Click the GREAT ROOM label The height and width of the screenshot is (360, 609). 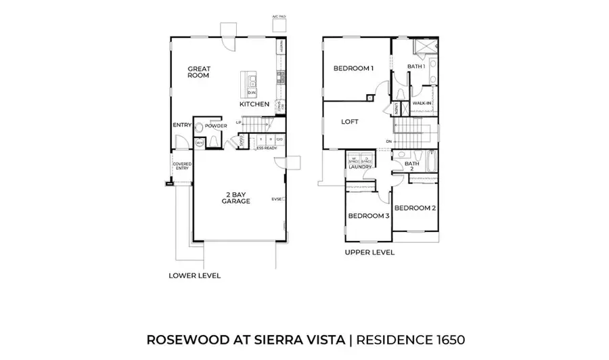point(198,72)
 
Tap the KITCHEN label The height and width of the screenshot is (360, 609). point(254,104)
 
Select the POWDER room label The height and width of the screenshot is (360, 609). point(216,126)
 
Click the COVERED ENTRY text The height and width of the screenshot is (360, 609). point(182,166)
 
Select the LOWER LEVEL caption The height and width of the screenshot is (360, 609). point(194,275)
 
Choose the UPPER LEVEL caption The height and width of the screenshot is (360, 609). point(369,252)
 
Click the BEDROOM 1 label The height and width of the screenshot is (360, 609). point(353,68)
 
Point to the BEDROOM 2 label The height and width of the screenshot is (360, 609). point(414,208)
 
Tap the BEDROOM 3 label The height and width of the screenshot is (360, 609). point(368,216)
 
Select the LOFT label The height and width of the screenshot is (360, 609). point(349,122)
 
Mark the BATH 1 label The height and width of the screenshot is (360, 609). point(416,66)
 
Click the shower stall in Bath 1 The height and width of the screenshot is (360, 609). point(425,46)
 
